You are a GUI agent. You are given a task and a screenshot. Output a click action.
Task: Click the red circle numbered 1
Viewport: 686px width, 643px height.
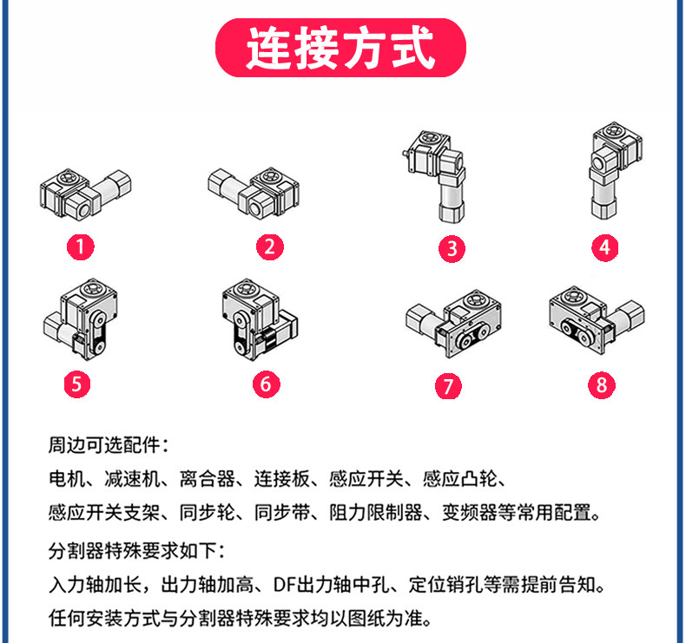[81, 246]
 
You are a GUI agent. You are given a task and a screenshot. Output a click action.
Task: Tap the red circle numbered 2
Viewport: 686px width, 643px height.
[270, 246]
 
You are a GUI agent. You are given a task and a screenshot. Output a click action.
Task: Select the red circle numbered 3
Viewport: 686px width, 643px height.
[452, 249]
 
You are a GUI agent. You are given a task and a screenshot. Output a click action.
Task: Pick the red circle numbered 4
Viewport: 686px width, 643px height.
[605, 246]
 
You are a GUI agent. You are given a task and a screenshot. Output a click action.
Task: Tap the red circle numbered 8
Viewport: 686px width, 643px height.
[602, 384]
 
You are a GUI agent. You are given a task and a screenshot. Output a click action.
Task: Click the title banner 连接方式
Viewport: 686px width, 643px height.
[340, 48]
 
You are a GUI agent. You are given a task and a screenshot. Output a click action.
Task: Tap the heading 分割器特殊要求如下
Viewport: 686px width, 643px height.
[137, 550]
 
